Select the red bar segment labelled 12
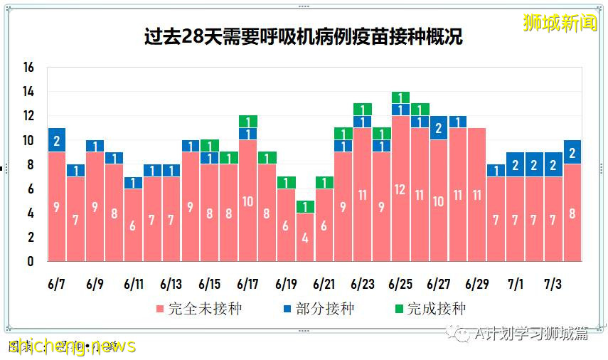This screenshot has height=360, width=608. [x=400, y=189]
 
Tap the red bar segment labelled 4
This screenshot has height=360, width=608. [x=304, y=237]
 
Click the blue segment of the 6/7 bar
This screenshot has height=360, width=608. [x=57, y=140]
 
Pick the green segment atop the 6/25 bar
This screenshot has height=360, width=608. [x=400, y=97]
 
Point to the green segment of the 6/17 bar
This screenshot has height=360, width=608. [x=247, y=122]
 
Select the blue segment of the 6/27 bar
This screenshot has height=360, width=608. [x=439, y=128]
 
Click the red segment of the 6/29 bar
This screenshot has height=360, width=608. [x=477, y=194]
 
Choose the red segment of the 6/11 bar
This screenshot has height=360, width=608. [x=133, y=225]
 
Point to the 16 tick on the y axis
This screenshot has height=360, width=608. [x=28, y=68]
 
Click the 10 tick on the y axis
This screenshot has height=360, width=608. [x=28, y=141]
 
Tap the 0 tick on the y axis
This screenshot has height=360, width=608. [x=31, y=262]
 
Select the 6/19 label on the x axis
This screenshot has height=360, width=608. [x=285, y=284]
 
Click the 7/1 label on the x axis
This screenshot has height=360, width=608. [x=515, y=284]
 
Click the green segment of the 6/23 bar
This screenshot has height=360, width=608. [x=362, y=110]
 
